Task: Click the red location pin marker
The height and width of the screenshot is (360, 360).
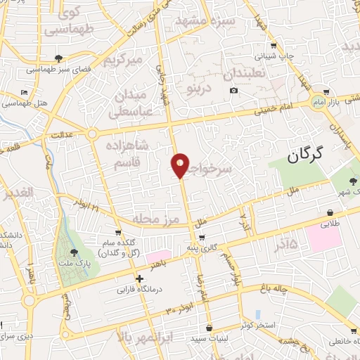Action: [181, 165]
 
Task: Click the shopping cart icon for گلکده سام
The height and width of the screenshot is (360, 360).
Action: [118, 233]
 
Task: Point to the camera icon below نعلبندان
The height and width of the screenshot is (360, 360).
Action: [233, 90]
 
